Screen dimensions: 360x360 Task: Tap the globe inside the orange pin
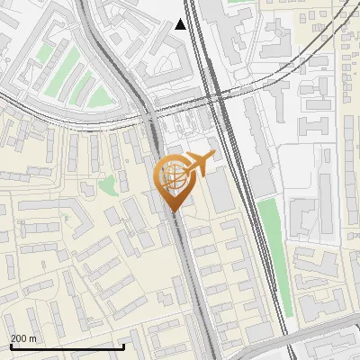point(172,175)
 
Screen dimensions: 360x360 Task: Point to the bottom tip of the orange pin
point(174,212)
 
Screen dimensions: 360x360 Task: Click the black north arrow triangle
point(181,24)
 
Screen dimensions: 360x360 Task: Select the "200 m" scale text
point(23,338)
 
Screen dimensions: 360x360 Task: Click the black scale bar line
point(67,346)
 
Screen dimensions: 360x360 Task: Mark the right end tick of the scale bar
point(123,345)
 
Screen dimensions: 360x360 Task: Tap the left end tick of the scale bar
point(10,345)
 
